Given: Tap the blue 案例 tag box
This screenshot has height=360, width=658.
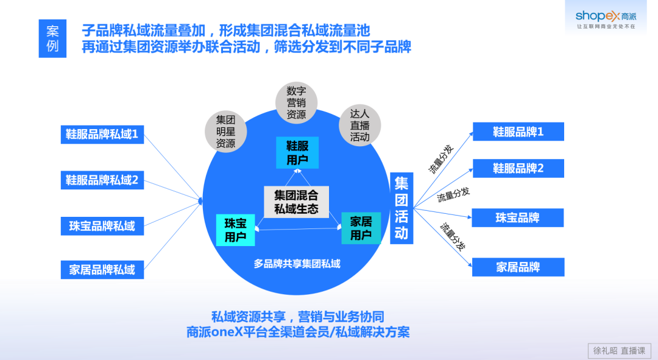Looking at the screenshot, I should [x=52, y=38].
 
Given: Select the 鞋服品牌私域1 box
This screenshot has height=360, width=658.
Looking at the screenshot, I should [x=102, y=134].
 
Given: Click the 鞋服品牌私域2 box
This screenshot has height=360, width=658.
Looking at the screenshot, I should [x=102, y=180].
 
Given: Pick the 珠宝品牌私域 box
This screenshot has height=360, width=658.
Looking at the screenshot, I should [x=102, y=226].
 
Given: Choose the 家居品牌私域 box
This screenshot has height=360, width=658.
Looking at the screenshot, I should [x=102, y=270].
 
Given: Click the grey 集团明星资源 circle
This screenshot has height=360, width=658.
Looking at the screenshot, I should [x=225, y=131].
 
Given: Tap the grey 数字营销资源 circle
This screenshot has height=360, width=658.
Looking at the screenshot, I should [x=296, y=102].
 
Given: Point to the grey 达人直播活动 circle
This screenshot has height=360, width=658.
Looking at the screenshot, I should [x=359, y=125].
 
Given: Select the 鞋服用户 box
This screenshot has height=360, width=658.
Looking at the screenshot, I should [x=297, y=152].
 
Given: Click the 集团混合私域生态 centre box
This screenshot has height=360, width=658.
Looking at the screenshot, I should [x=296, y=202].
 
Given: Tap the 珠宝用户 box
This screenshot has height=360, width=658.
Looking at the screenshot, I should [x=235, y=229].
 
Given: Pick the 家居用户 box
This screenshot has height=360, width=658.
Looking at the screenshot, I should [x=361, y=228].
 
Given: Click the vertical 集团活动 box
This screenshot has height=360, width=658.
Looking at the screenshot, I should [x=402, y=208].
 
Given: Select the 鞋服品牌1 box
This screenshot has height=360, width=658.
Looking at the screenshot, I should [x=518, y=132].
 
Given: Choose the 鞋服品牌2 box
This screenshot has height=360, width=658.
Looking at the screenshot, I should [x=518, y=169].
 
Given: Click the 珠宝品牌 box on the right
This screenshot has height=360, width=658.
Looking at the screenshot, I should [x=518, y=217].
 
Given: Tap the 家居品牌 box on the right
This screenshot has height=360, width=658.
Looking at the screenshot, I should [x=518, y=267].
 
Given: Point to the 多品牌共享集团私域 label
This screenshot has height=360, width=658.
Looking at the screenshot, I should [x=297, y=264].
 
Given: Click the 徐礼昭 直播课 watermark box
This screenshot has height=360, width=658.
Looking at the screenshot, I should [x=619, y=350].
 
